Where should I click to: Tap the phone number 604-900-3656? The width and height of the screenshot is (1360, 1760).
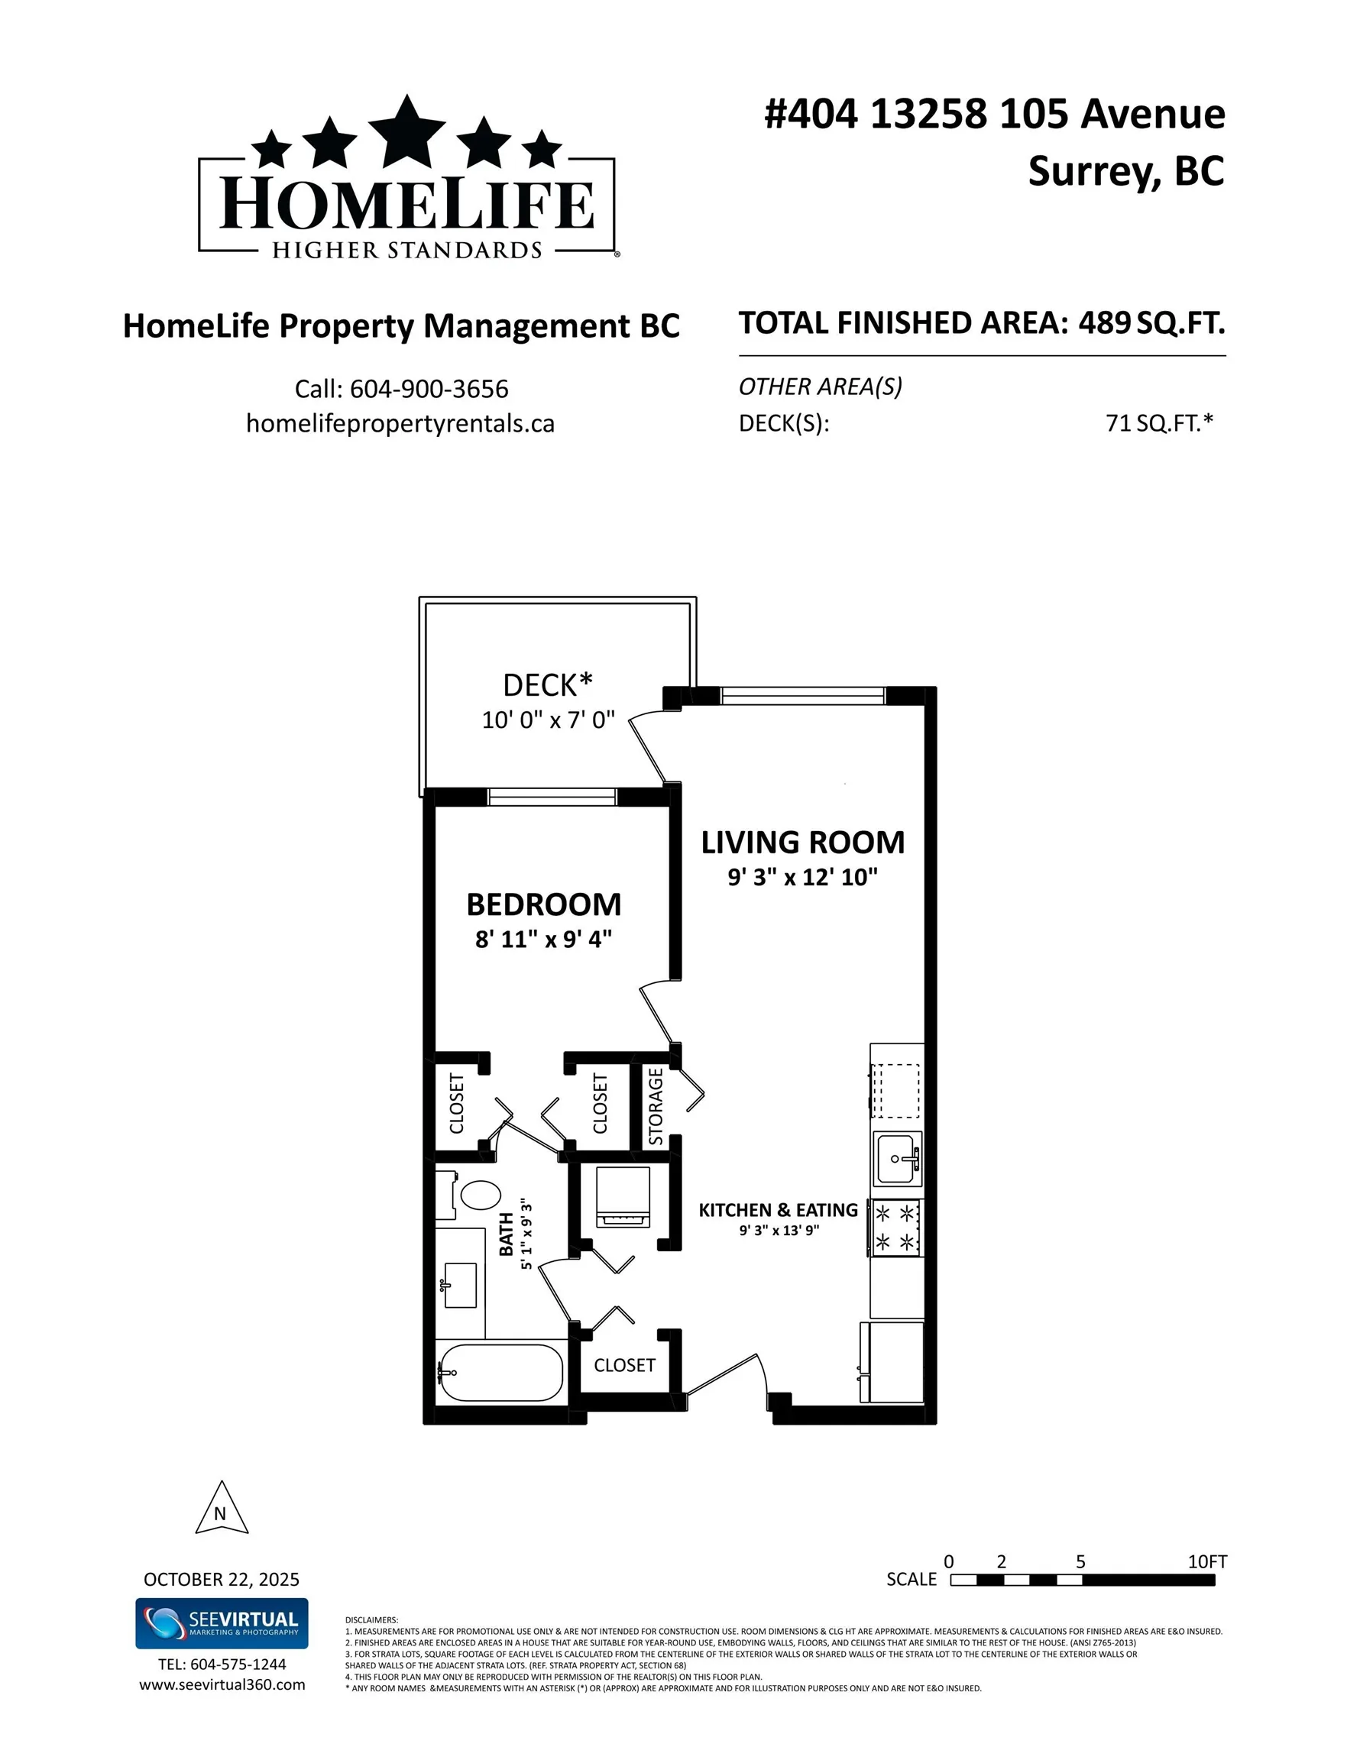coord(429,390)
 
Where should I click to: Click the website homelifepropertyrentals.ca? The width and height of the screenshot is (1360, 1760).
coord(400,424)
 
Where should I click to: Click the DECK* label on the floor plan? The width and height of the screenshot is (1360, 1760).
coord(547,685)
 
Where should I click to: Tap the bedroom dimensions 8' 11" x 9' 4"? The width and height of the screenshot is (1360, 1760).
coord(543,939)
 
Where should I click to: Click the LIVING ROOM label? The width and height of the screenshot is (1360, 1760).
coord(802,842)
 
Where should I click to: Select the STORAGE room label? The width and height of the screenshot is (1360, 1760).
coord(656,1105)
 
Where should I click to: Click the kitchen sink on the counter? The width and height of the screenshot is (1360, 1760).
coord(895,1159)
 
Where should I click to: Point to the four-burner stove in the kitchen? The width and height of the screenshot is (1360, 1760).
coord(895,1228)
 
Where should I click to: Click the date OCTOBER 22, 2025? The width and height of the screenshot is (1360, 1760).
coord(221,1579)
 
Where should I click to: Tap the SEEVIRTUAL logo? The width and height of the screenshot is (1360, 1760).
coord(221,1623)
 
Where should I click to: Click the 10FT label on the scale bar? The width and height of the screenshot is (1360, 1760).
coord(1207,1561)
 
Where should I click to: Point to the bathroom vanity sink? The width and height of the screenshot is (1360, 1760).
coord(460,1285)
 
